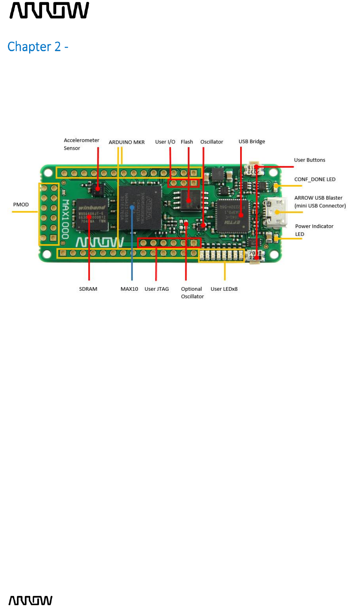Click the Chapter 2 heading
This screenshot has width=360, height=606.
38,47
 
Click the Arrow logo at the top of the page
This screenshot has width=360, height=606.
49,10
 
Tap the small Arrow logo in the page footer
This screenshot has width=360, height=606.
30,600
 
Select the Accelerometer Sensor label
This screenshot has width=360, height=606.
81,144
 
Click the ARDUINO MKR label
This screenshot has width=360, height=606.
126,142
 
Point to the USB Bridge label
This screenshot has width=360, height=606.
252,141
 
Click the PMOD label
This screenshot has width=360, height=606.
21,205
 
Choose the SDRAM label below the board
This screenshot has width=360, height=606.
88,289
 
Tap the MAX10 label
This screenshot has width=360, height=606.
129,289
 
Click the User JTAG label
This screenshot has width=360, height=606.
157,289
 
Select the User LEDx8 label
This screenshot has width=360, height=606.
224,289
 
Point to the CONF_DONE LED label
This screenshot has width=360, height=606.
315,179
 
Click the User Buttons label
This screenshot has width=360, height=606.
309,160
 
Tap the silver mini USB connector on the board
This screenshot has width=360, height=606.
275,213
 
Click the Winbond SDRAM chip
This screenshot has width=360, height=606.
92,214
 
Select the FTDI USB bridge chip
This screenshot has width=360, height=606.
232,216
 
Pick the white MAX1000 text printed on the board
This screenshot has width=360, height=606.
65,219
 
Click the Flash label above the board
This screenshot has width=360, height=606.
187,142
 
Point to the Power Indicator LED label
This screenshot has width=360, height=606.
314,230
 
